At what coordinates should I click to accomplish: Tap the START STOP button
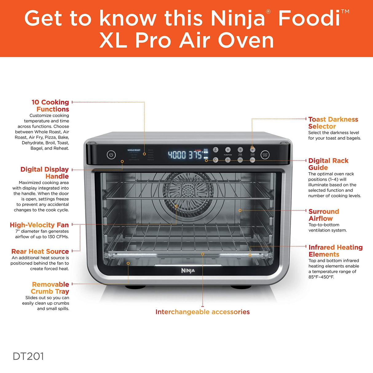pyautogui.click(x=265, y=155)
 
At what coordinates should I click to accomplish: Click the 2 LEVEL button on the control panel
pyautogui.click(x=216, y=150)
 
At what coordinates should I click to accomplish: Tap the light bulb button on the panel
pyautogui.click(x=216, y=160)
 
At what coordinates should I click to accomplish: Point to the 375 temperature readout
pyautogui.click(x=195, y=155)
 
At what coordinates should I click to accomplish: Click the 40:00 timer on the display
pyautogui.click(x=177, y=155)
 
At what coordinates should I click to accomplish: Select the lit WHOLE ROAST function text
pyautogui.click(x=134, y=150)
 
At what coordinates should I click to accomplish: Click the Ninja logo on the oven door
pyautogui.click(x=188, y=270)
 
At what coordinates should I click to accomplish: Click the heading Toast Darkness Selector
pyautogui.click(x=333, y=123)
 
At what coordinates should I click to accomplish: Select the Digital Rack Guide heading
pyautogui.click(x=328, y=164)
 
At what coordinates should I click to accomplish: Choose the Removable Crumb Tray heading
pyautogui.click(x=50, y=288)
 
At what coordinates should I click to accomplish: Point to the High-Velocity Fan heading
pyautogui.click(x=39, y=225)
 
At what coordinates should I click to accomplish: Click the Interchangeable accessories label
pyautogui.click(x=202, y=312)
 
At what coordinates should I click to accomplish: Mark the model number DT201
pyautogui.click(x=28, y=356)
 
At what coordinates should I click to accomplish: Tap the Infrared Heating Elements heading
pyautogui.click(x=335, y=251)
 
